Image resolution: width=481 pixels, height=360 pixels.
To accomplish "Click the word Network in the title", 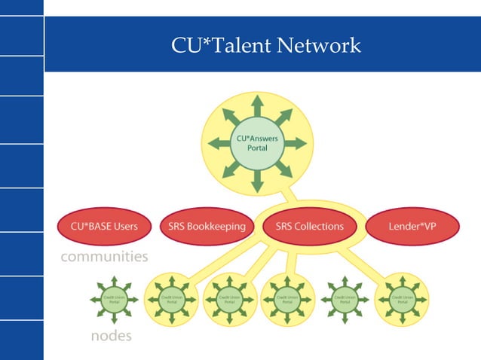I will tap(319, 46).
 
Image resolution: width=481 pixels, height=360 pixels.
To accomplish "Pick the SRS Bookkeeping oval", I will tap(203, 226).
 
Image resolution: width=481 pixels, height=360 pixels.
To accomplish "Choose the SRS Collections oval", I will tap(309, 226).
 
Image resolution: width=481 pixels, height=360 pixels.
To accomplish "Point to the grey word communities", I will tap(104, 257).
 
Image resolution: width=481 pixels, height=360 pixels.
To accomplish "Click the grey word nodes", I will tap(111, 336).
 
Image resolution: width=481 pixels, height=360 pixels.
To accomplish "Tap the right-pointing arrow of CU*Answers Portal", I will tap(295, 142).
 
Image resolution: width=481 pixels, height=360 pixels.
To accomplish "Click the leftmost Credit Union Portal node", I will tap(113, 299).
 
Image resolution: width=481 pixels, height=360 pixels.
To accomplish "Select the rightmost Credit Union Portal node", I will tap(403, 299).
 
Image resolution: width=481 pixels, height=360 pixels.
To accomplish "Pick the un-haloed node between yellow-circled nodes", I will tap(344, 299).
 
